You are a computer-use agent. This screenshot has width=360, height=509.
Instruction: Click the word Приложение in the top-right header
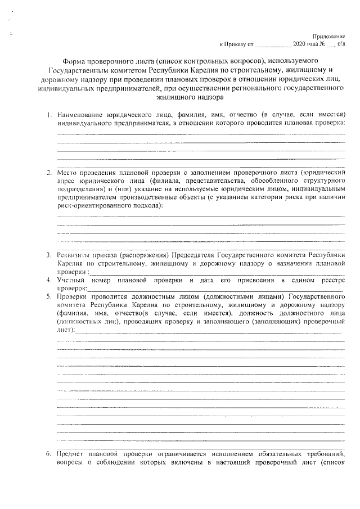[x=329, y=35]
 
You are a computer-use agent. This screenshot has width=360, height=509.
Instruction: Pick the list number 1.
[x=49, y=115]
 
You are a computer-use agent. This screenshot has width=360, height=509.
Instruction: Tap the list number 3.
[x=49, y=254]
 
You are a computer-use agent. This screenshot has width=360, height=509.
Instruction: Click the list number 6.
[x=49, y=453]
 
